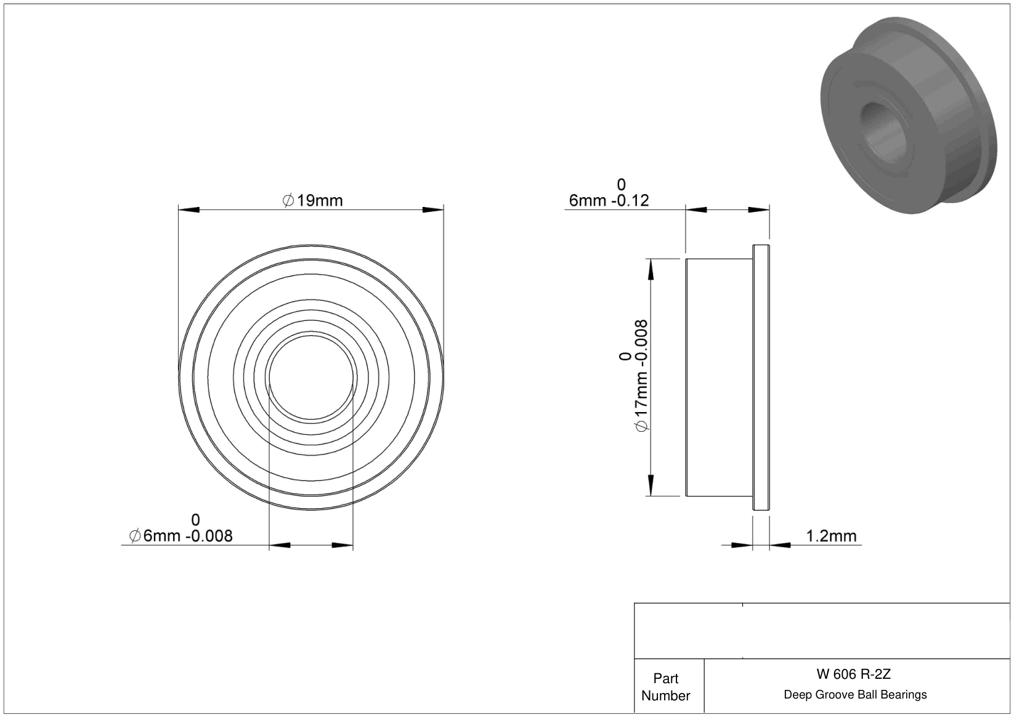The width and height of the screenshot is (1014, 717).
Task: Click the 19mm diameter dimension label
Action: pos(312,200)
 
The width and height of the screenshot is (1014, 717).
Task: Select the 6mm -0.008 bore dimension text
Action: pos(180,536)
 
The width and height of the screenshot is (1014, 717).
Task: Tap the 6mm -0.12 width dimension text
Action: pos(609,200)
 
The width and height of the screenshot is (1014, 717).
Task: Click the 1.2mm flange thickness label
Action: pos(831,536)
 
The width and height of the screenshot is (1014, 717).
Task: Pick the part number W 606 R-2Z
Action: pos(853,674)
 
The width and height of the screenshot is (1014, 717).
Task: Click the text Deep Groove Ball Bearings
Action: pos(855,694)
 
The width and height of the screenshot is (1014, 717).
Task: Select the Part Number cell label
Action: pos(665,687)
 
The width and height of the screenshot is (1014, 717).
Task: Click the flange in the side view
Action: pos(761,378)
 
